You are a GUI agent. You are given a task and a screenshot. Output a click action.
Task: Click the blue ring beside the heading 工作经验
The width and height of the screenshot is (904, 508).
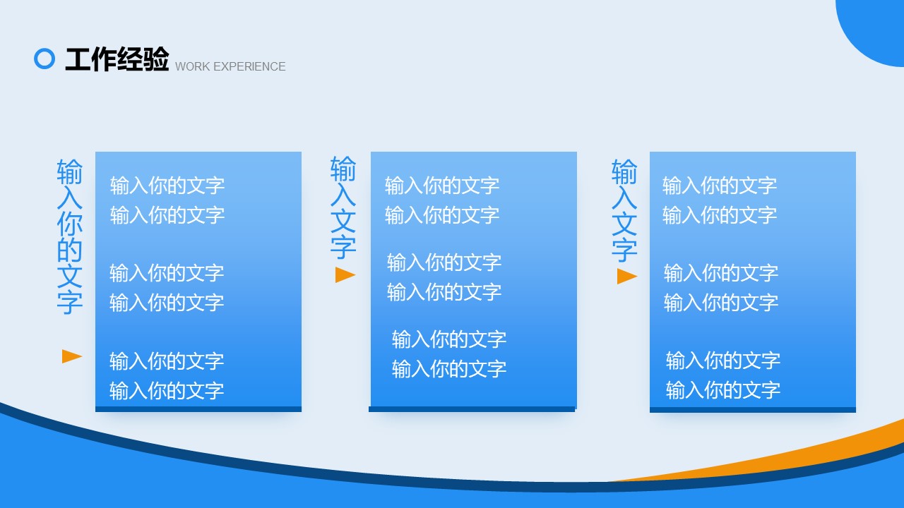click(x=44, y=49)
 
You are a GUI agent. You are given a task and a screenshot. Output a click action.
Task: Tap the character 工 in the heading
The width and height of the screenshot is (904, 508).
click(x=78, y=59)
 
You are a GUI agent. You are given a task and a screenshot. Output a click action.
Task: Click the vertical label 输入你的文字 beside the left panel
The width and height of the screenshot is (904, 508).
click(x=69, y=236)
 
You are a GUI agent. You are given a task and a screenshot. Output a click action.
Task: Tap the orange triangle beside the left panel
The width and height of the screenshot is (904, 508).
click(x=72, y=356)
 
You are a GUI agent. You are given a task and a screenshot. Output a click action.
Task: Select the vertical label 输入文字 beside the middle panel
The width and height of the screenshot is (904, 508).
click(x=343, y=207)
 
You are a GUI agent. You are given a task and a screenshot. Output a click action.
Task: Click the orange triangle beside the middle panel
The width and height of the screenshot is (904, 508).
click(x=345, y=275)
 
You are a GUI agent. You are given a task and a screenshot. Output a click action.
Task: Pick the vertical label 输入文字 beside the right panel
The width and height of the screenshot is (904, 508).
click(x=624, y=210)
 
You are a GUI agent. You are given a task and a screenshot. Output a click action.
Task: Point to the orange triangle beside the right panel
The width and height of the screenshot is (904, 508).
click(x=626, y=277)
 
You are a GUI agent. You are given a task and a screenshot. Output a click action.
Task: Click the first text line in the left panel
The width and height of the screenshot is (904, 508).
click(x=167, y=186)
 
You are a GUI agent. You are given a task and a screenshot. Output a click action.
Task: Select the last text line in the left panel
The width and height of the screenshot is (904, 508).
click(x=167, y=391)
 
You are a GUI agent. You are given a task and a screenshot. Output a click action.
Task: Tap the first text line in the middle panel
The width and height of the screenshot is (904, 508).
click(x=442, y=186)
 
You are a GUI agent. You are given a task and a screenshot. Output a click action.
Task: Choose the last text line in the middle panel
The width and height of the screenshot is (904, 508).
click(x=449, y=369)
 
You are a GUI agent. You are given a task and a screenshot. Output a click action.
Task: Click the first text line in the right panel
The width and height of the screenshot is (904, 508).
click(x=720, y=186)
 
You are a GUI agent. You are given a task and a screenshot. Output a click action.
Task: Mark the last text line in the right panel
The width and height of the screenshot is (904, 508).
click(x=723, y=390)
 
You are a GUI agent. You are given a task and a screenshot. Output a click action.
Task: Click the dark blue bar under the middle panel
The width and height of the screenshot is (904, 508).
click(x=472, y=409)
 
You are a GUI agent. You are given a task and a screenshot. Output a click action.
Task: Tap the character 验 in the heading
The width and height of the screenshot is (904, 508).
click(x=155, y=59)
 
